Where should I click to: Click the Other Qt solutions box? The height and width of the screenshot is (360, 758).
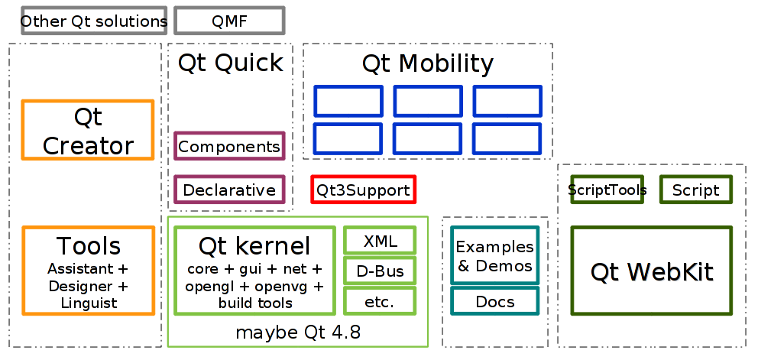93,21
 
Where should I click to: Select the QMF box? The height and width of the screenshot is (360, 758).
229,21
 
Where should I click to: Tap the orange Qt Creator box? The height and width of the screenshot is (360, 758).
88,130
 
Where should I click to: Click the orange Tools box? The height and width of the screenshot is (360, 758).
88,271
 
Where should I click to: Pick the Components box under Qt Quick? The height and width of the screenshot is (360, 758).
229,146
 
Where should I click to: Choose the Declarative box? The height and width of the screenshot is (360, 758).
229,190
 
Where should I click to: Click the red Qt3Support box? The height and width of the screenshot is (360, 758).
363,190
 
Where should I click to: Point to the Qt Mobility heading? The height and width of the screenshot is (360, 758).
427,63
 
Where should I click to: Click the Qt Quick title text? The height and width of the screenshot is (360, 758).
230,63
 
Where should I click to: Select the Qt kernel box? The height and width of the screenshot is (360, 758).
254,271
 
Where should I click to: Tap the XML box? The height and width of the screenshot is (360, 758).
380,241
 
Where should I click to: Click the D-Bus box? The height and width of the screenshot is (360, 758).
380,271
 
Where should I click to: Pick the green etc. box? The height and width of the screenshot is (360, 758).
380,301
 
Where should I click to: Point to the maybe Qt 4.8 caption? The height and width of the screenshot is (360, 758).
297,332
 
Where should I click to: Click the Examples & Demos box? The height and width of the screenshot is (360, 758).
494,255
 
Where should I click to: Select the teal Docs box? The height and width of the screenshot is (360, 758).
494,301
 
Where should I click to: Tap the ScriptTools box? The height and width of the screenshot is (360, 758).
607,190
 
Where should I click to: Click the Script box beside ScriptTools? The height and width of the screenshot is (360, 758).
695,190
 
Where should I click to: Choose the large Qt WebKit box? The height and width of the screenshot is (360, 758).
651,271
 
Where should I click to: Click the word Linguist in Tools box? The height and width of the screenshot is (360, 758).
89,303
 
